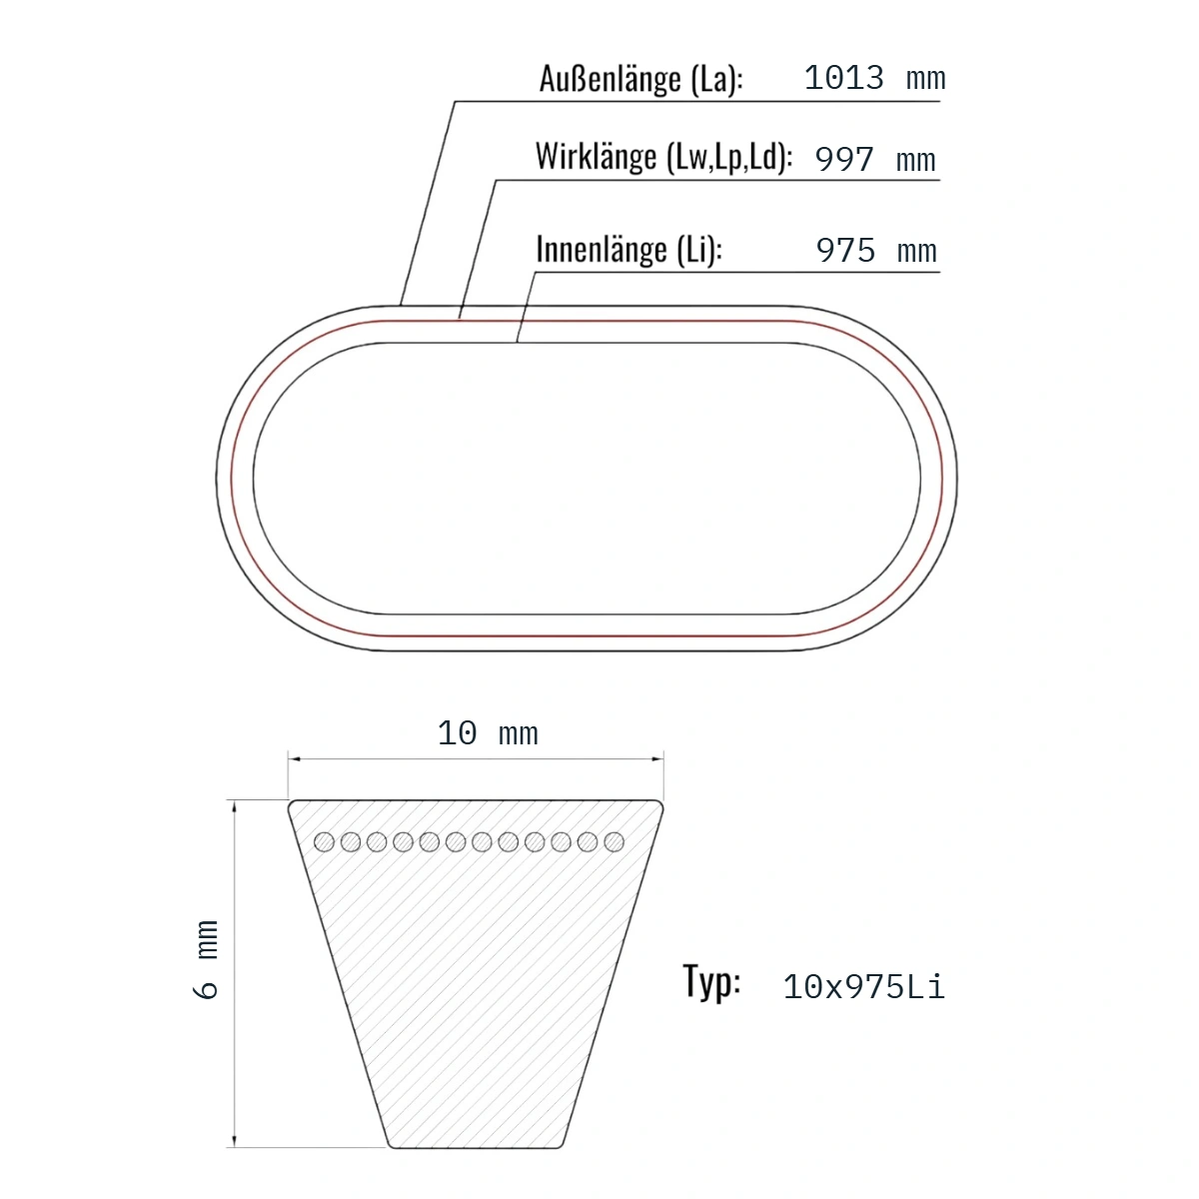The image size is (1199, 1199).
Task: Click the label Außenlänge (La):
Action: [x=640, y=79]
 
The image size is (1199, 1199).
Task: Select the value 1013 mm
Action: [x=874, y=78]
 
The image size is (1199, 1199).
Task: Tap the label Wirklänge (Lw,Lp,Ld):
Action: [x=663, y=157]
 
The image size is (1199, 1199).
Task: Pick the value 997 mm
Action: [x=875, y=159]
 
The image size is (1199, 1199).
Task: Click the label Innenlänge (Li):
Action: [x=629, y=250]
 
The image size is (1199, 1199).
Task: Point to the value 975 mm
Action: [x=876, y=250]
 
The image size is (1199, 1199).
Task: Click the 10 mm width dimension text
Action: [x=488, y=733]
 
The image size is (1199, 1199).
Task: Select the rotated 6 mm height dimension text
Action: [x=206, y=959]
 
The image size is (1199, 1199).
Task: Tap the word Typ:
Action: [x=711, y=982]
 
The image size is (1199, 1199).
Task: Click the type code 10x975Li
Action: [x=863, y=987]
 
